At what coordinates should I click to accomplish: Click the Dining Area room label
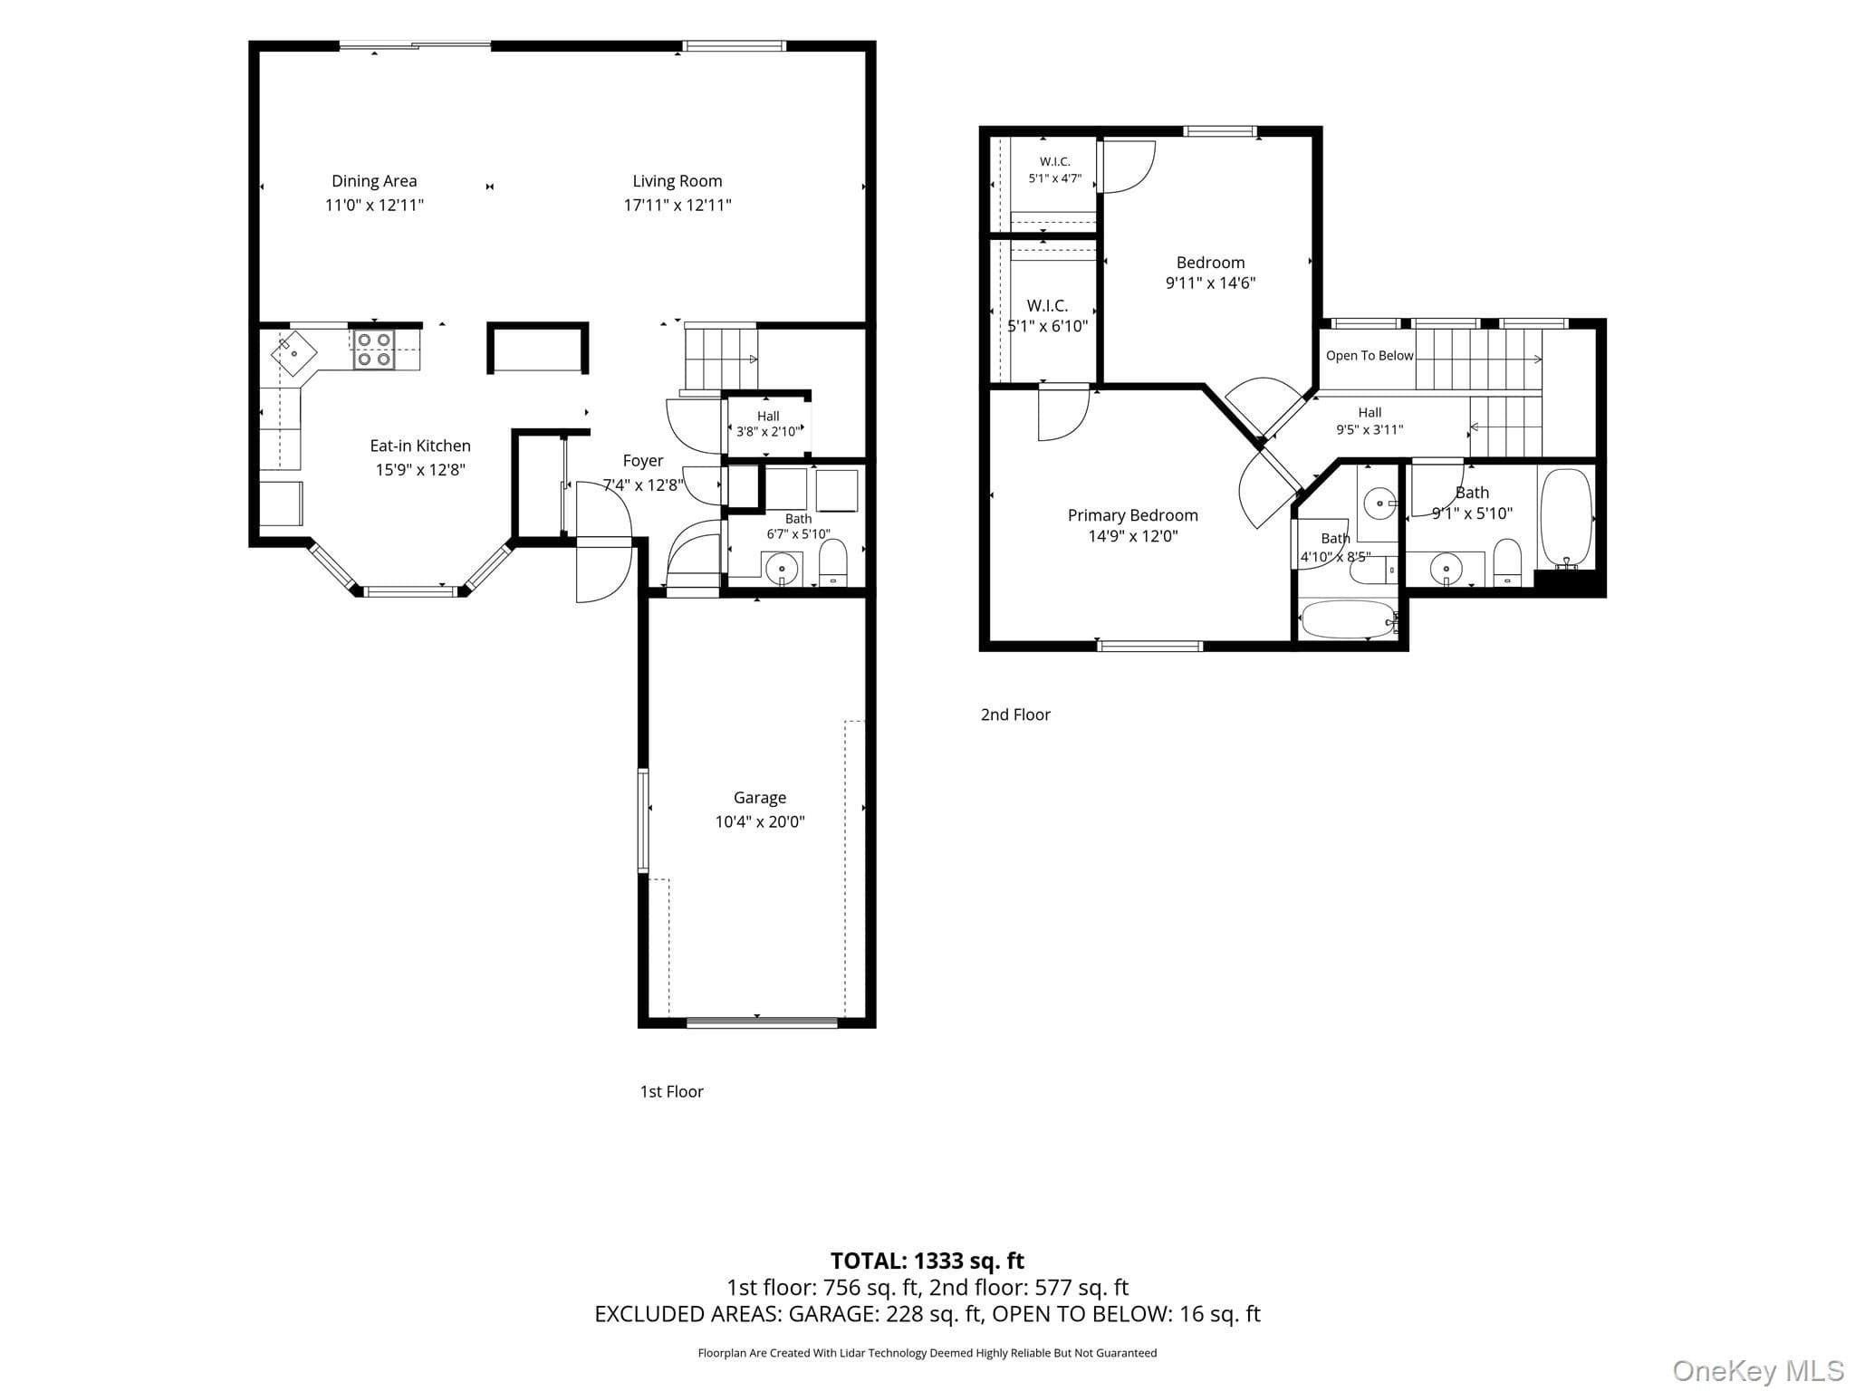tap(374, 181)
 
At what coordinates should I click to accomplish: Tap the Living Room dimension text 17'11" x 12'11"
tap(678, 206)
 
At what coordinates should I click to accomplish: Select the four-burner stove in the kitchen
tap(374, 350)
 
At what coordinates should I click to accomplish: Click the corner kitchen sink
tap(294, 352)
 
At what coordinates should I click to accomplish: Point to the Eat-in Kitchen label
tap(420, 446)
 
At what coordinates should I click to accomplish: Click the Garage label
tap(759, 798)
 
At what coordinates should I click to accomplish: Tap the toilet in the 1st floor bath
tap(832, 562)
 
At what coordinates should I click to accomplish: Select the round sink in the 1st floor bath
tap(783, 570)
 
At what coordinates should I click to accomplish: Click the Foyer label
tap(643, 461)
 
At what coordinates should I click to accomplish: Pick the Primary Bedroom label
tap(1133, 515)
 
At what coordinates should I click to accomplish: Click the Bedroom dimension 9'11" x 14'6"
tap(1211, 283)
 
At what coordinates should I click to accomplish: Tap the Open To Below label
tap(1370, 356)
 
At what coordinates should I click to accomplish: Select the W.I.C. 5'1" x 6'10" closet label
tap(1048, 316)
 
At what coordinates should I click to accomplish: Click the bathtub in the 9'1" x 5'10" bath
tap(1566, 518)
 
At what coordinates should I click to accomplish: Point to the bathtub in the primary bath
tap(1349, 620)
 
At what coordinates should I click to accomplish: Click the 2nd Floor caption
tap(1015, 715)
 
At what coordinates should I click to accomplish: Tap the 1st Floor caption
tap(671, 1092)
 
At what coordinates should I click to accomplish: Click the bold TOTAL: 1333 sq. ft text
tap(927, 1261)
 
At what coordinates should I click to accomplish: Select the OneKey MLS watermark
tap(1758, 1371)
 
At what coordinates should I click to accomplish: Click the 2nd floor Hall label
tap(1370, 413)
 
